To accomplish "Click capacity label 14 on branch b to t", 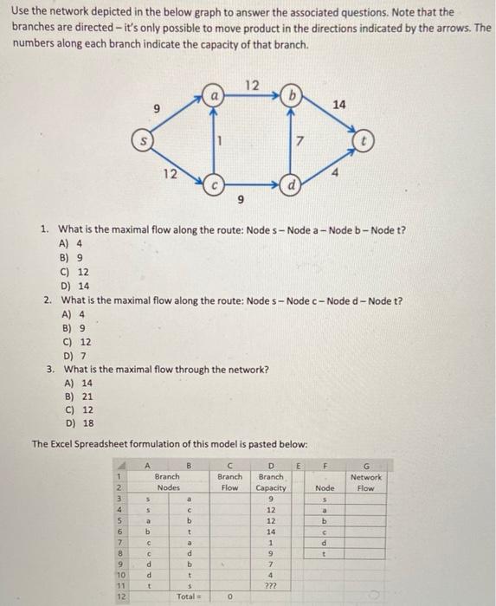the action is tap(338, 104).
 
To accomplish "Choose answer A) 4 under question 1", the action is tap(71, 243).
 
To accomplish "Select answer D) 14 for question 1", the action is tap(74, 286).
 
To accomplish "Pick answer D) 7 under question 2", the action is tap(71, 356).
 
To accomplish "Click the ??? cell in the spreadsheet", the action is tap(270, 585).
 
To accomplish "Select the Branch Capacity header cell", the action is tap(270, 481).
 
